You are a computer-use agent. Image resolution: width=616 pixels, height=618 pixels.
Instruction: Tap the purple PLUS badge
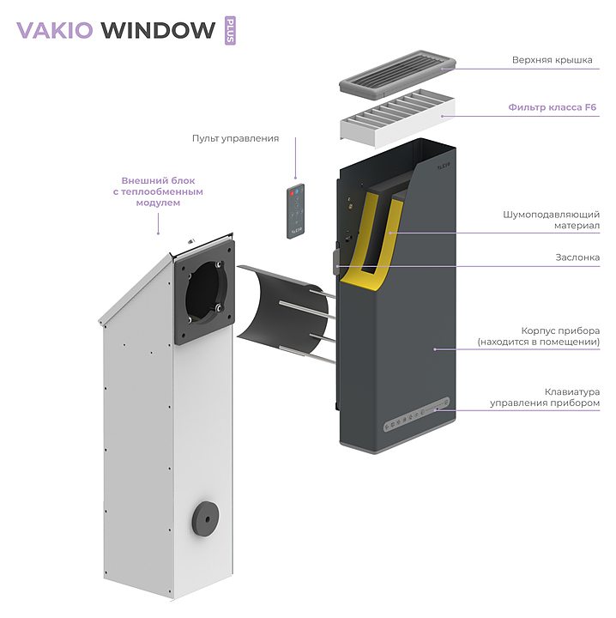pos(229,30)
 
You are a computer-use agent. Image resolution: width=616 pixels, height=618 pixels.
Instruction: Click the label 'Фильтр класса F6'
pos(552,107)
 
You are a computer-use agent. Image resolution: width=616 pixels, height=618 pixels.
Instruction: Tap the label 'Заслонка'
pos(577,257)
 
